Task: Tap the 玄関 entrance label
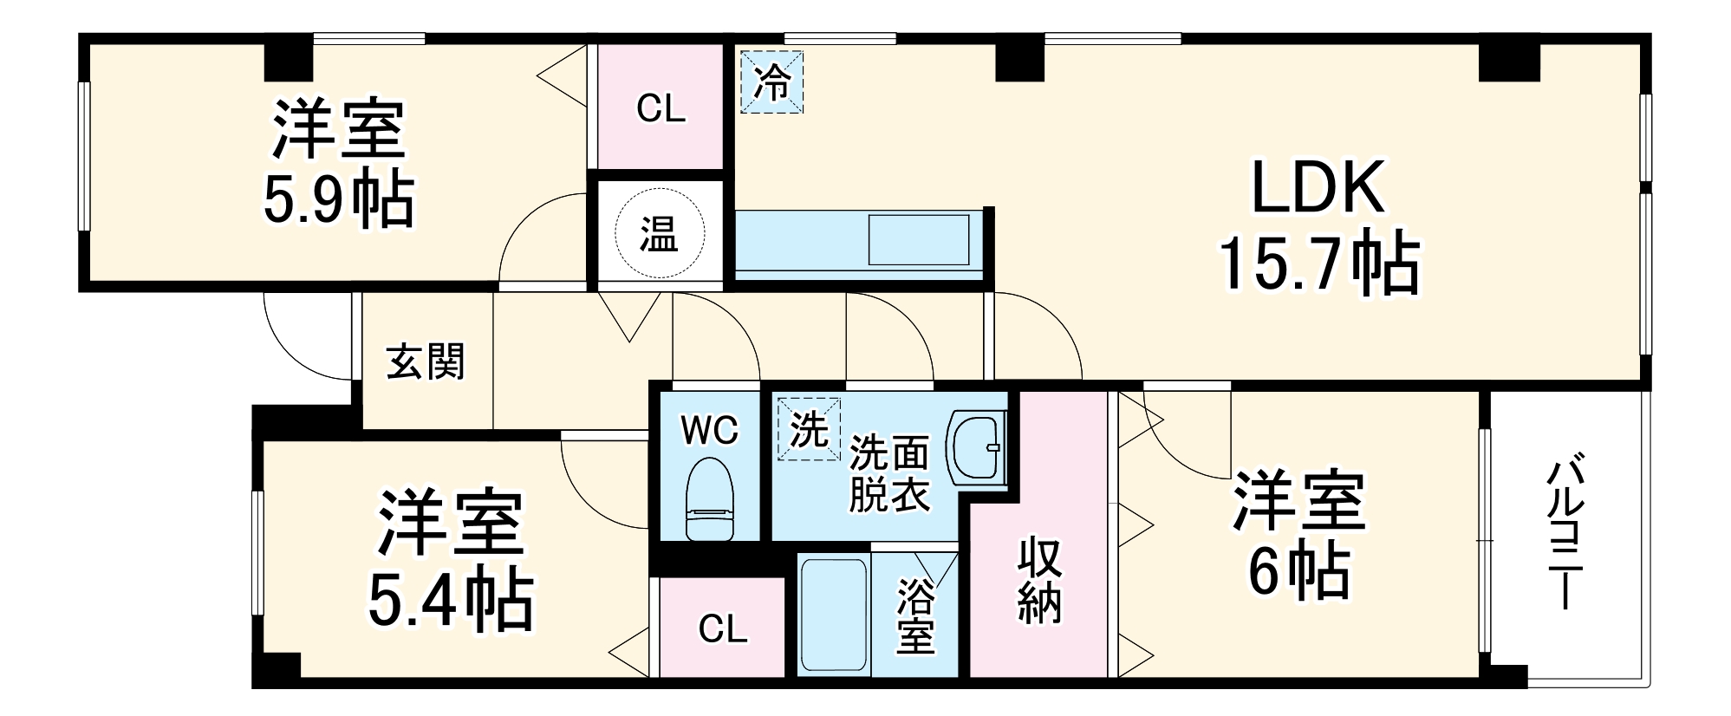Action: (x=426, y=361)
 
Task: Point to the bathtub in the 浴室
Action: (x=833, y=615)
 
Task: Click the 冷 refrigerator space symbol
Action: (x=771, y=82)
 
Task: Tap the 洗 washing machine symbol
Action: (x=809, y=429)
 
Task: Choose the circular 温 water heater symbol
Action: (x=660, y=232)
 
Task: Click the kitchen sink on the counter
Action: (x=918, y=239)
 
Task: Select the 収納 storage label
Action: (x=1039, y=579)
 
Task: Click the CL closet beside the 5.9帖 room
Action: (x=661, y=108)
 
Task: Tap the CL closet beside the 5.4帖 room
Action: (x=722, y=628)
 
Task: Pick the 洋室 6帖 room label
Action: (x=1298, y=536)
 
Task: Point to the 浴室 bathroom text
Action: (x=914, y=617)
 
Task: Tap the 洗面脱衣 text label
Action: (x=888, y=474)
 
